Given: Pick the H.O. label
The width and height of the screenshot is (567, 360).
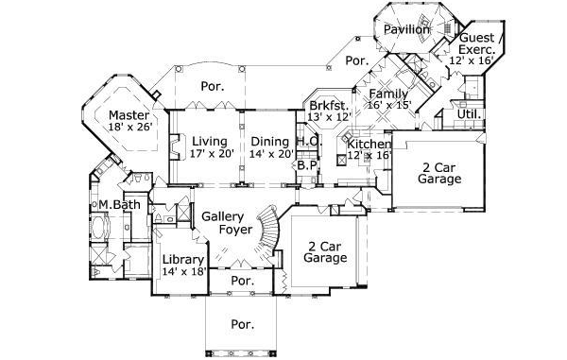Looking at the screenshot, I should (306, 142).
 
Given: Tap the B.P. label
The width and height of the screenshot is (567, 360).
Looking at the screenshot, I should (306, 164).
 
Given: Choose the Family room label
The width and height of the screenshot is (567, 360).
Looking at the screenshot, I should (388, 94).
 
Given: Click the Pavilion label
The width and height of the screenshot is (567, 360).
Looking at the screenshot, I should (407, 30).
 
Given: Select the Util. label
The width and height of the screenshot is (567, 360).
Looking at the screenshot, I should (468, 114).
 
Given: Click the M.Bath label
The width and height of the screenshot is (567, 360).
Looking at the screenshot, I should (112, 204).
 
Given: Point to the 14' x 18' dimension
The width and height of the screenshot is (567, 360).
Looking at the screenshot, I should (183, 272).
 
